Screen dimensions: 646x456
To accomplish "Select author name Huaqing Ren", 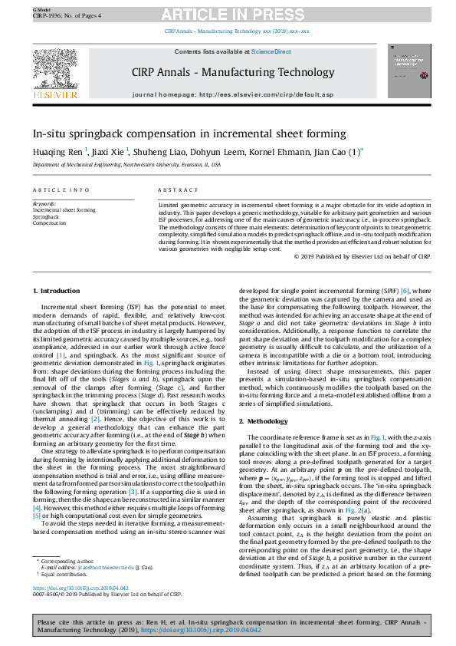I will click(x=58, y=152).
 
